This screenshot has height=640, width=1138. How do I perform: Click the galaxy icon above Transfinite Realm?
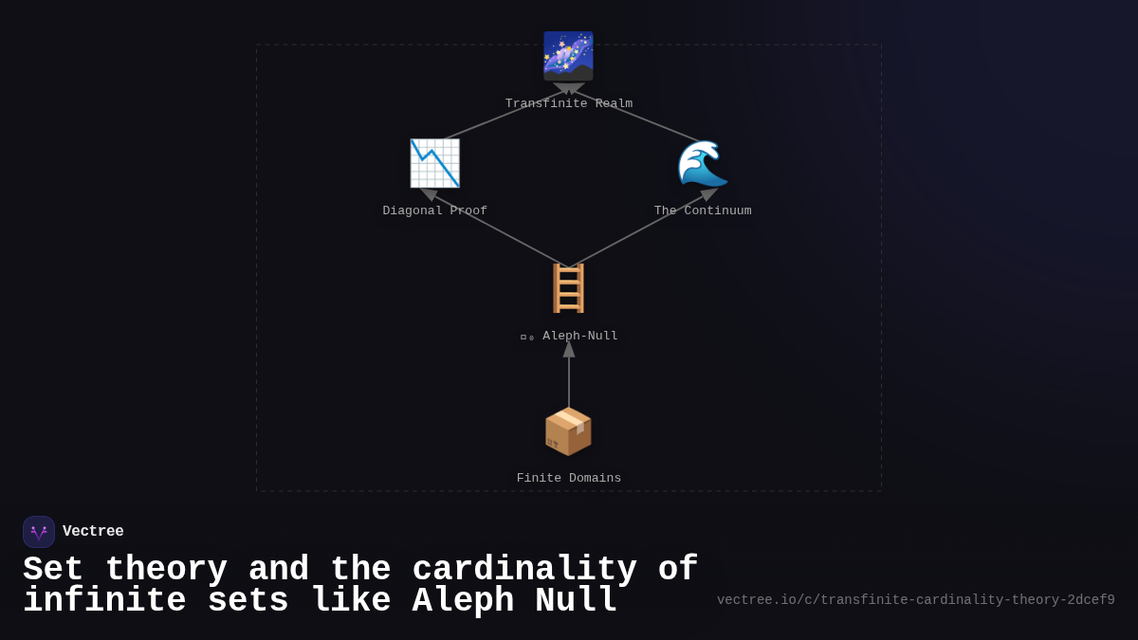568,56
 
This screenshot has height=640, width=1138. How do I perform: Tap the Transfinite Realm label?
568,104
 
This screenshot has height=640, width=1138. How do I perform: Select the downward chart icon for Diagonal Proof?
434,163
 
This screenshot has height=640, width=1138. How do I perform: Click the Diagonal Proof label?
434,211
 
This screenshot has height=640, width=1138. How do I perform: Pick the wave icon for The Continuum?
703,163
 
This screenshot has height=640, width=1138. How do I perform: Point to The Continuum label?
703,211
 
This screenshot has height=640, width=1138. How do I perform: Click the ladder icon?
568,288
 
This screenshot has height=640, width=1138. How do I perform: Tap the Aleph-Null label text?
579,337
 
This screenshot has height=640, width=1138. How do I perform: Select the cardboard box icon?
568,431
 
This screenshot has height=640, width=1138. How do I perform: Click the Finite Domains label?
568,479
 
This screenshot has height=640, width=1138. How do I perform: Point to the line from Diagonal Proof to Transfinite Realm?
503,116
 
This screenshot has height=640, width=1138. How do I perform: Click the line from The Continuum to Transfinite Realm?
637,117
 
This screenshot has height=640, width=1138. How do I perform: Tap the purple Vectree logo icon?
39,532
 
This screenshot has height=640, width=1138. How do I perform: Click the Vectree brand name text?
93,532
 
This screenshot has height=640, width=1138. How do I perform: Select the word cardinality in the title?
524,570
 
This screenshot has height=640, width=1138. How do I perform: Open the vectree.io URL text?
915,600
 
